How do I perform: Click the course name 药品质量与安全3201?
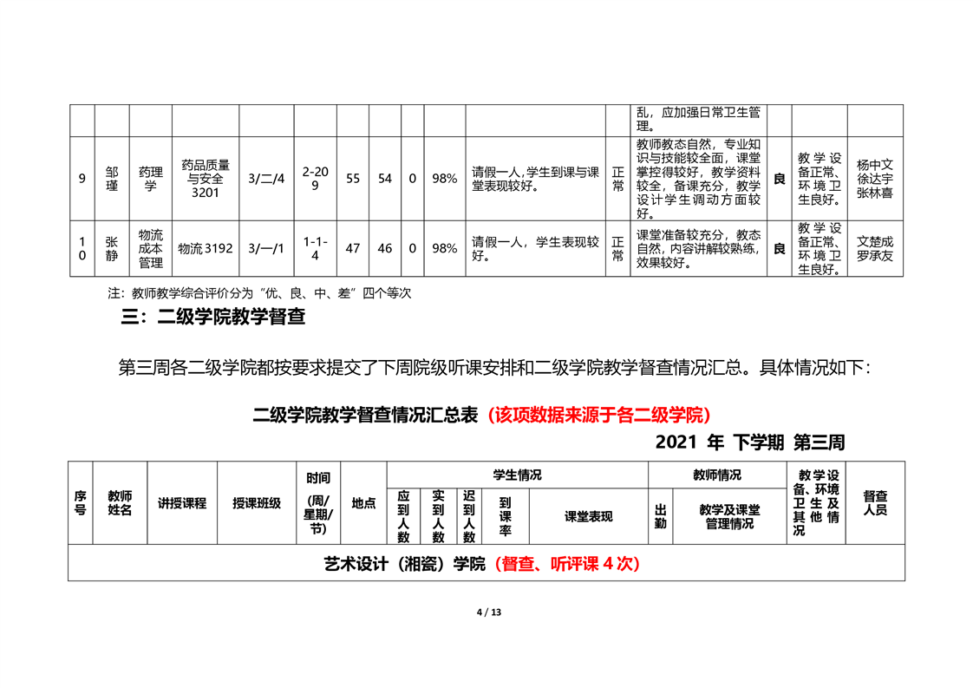click(206, 179)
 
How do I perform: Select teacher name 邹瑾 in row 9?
click(112, 179)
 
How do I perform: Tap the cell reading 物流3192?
click(206, 248)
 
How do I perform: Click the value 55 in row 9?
click(353, 179)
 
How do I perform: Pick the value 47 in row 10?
click(353, 248)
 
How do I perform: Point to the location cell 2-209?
click(316, 179)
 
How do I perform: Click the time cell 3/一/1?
click(266, 248)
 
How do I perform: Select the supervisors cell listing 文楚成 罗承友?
click(875, 248)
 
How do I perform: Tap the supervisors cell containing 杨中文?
click(875, 179)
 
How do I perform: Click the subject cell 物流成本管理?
click(151, 248)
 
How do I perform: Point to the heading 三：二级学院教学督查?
click(212, 317)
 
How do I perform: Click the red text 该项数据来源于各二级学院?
click(599, 415)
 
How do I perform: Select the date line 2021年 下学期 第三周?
click(750, 442)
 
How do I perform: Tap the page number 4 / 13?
click(489, 613)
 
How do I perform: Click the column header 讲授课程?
click(182, 503)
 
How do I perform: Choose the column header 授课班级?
click(257, 503)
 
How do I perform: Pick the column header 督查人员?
click(875, 503)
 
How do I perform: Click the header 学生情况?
click(518, 475)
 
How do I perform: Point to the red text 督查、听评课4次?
click(567, 564)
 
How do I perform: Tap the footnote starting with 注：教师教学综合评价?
click(259, 293)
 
